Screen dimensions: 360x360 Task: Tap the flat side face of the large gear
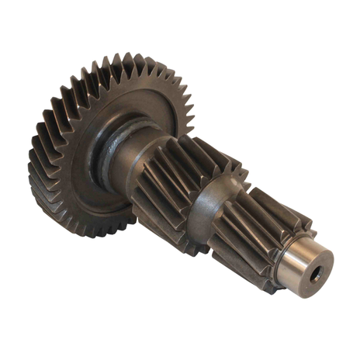coord(78,163)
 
